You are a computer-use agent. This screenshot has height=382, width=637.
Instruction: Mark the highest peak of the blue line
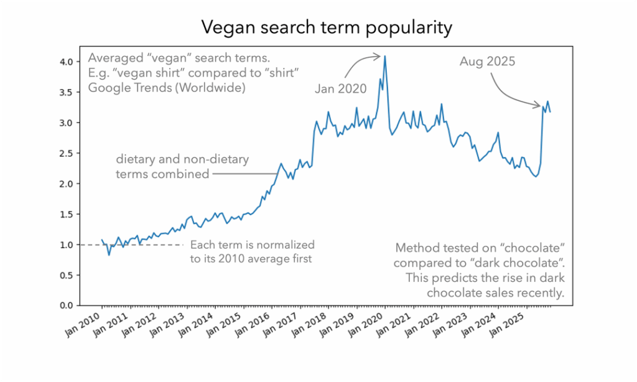pyautogui.click(x=385, y=56)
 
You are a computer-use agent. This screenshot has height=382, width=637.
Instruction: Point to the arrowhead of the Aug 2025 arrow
pyautogui.click(x=539, y=107)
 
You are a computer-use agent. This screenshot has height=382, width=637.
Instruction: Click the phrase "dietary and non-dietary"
pyautogui.click(x=182, y=160)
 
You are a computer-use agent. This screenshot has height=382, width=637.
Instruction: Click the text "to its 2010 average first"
pyautogui.click(x=251, y=259)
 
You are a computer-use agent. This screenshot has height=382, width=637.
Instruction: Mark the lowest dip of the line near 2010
pyautogui.click(x=109, y=254)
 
